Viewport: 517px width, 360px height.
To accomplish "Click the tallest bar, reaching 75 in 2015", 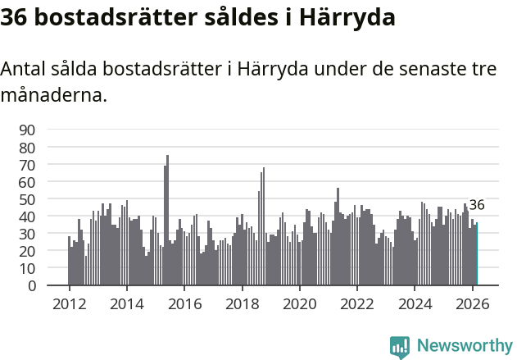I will (x=167, y=221).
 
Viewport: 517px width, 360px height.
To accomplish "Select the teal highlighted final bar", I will (x=476, y=254).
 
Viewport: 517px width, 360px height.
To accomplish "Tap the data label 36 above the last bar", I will (x=477, y=205).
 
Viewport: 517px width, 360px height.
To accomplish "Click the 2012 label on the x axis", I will (x=69, y=303).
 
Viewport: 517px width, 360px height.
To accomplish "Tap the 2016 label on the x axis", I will (x=184, y=303).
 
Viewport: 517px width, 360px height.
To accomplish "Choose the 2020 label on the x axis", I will (x=299, y=303).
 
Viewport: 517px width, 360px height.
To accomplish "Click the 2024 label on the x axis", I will (x=415, y=303).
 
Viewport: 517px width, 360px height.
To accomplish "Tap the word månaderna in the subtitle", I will (x=53, y=95).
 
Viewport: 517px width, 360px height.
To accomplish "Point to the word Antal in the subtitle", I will (x=23, y=69).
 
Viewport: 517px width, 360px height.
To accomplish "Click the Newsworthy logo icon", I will (x=400, y=347).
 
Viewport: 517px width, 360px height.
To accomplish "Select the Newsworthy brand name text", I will (x=464, y=347).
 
